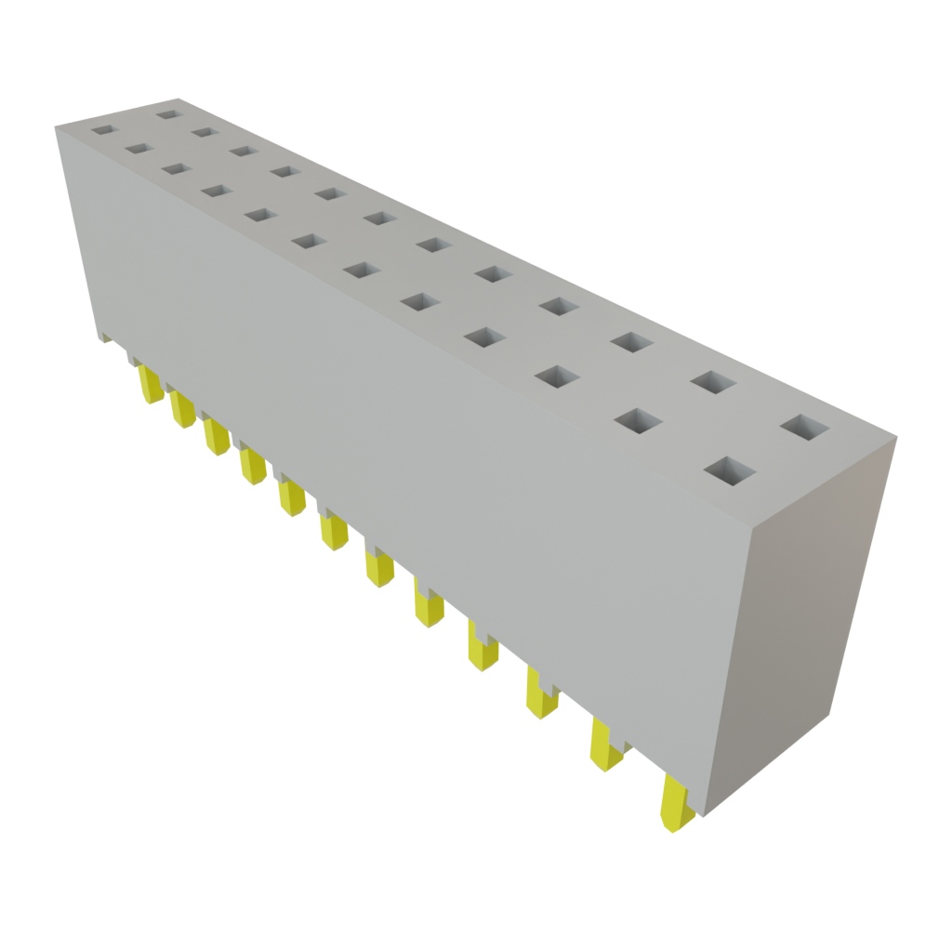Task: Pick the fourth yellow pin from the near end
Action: point(483,648)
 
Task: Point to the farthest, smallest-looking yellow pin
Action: point(149,383)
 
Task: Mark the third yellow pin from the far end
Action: point(216,435)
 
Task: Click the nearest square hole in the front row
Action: point(728,470)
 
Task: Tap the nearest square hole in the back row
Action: point(805,428)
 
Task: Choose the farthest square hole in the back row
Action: point(168,115)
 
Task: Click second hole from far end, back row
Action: point(205,131)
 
